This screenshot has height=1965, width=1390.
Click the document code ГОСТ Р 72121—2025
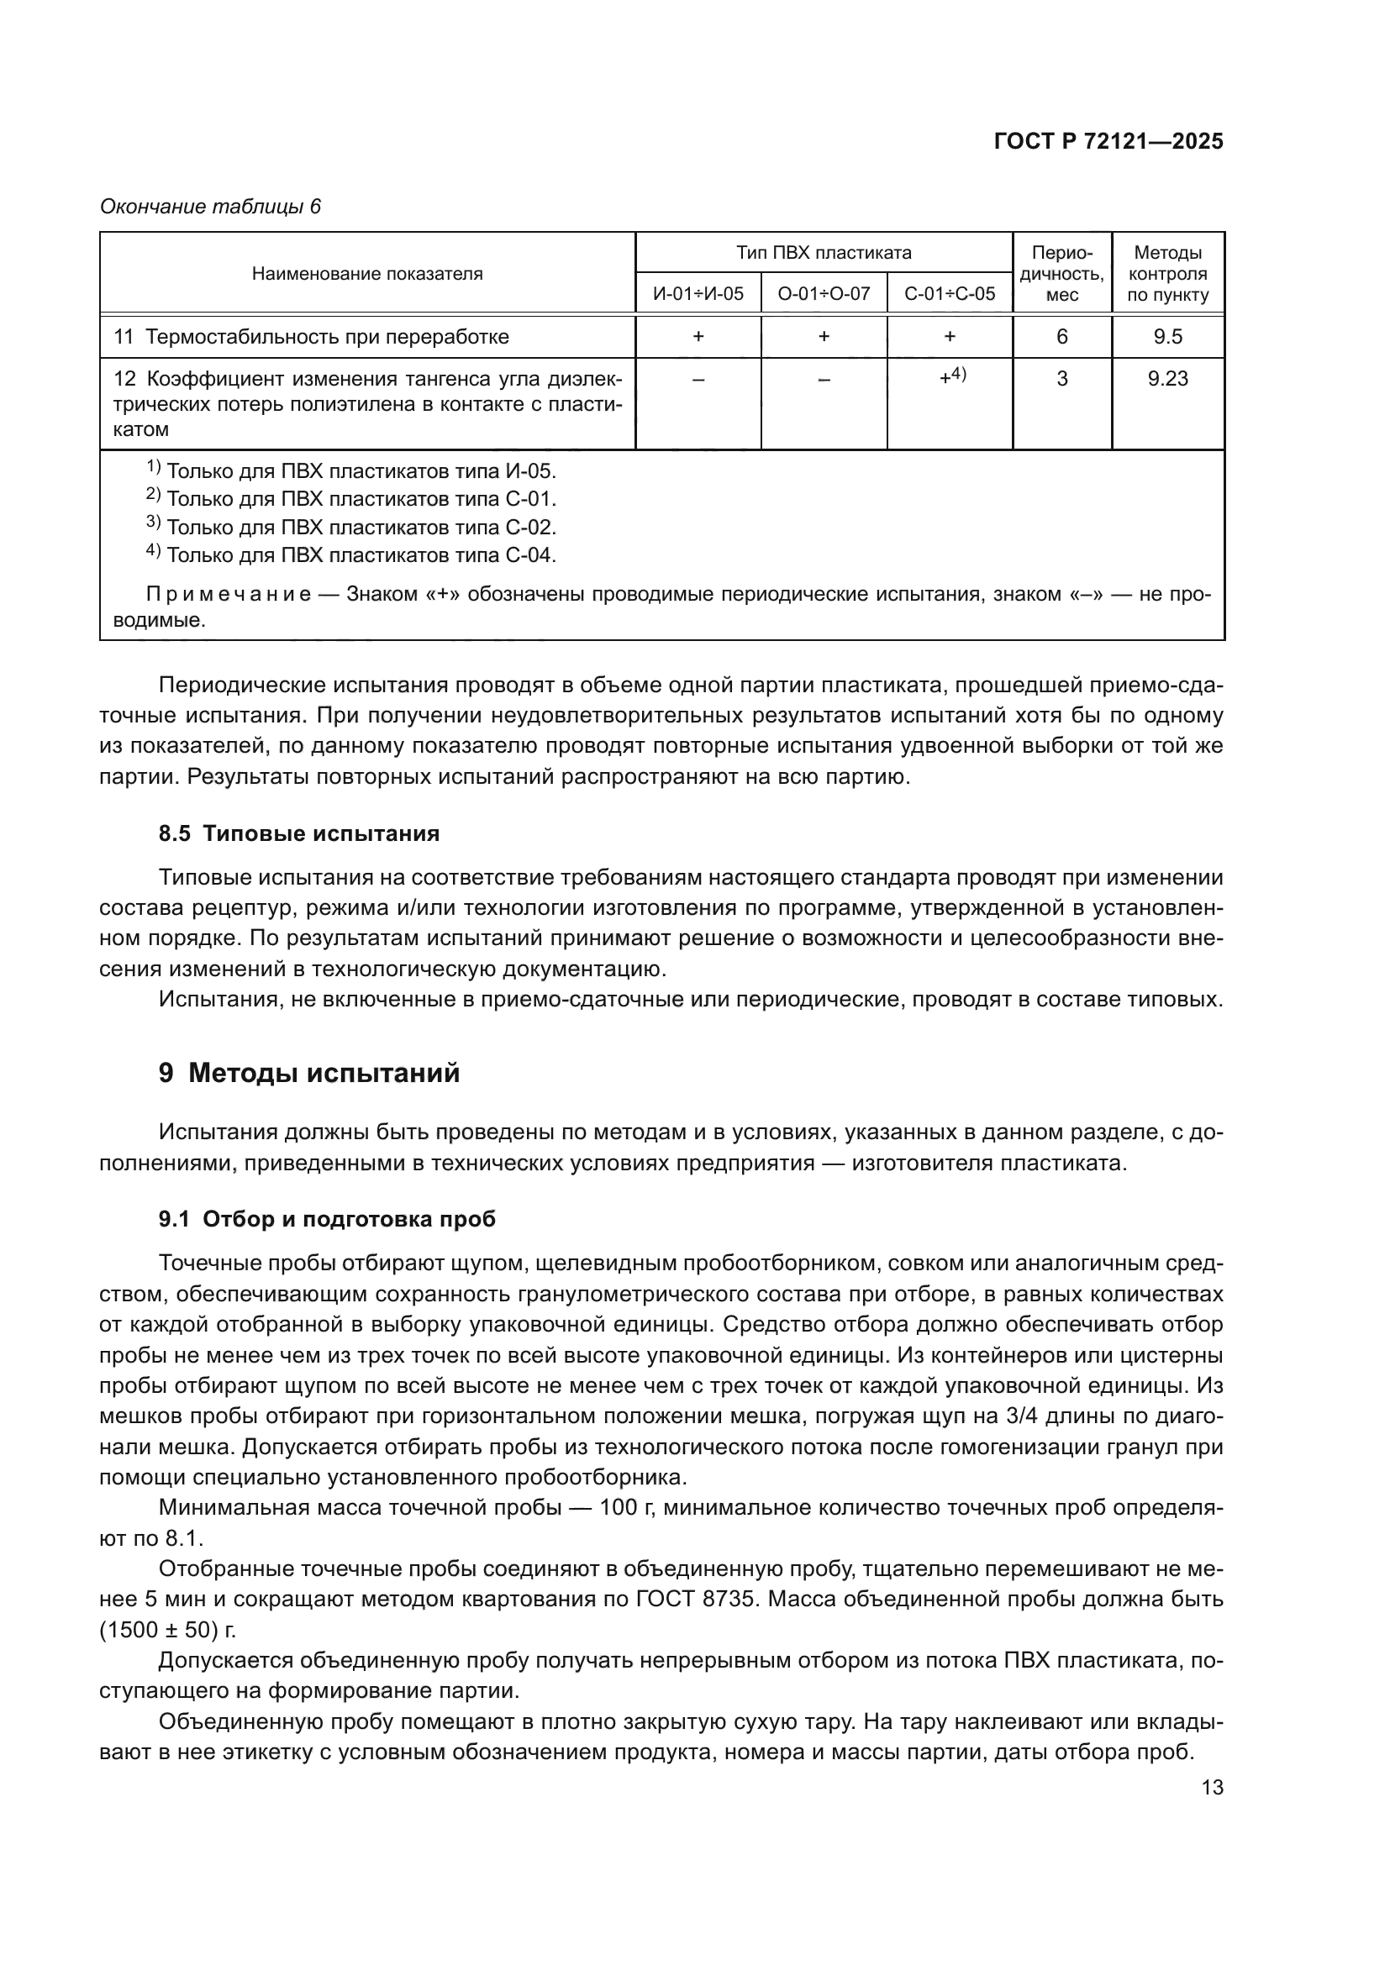1108,141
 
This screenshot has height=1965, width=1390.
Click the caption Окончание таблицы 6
211,207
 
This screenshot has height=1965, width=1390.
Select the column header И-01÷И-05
698,293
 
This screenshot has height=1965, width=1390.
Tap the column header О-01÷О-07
824,293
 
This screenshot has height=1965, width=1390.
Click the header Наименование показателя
367,274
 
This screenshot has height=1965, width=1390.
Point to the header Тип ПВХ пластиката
824,253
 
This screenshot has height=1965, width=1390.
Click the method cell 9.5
1167,336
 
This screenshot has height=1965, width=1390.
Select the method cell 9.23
1167,378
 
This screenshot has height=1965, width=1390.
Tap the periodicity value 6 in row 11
1061,336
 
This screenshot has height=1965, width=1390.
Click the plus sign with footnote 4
951,376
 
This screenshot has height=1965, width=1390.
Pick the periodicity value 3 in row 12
1061,378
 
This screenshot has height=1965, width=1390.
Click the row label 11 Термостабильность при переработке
312,336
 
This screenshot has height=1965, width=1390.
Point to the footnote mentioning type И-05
351,470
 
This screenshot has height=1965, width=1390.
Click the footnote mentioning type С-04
351,554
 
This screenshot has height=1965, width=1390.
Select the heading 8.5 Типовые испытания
298,833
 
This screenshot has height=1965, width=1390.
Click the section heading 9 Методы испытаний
309,1072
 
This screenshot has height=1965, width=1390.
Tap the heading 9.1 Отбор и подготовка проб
327,1219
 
